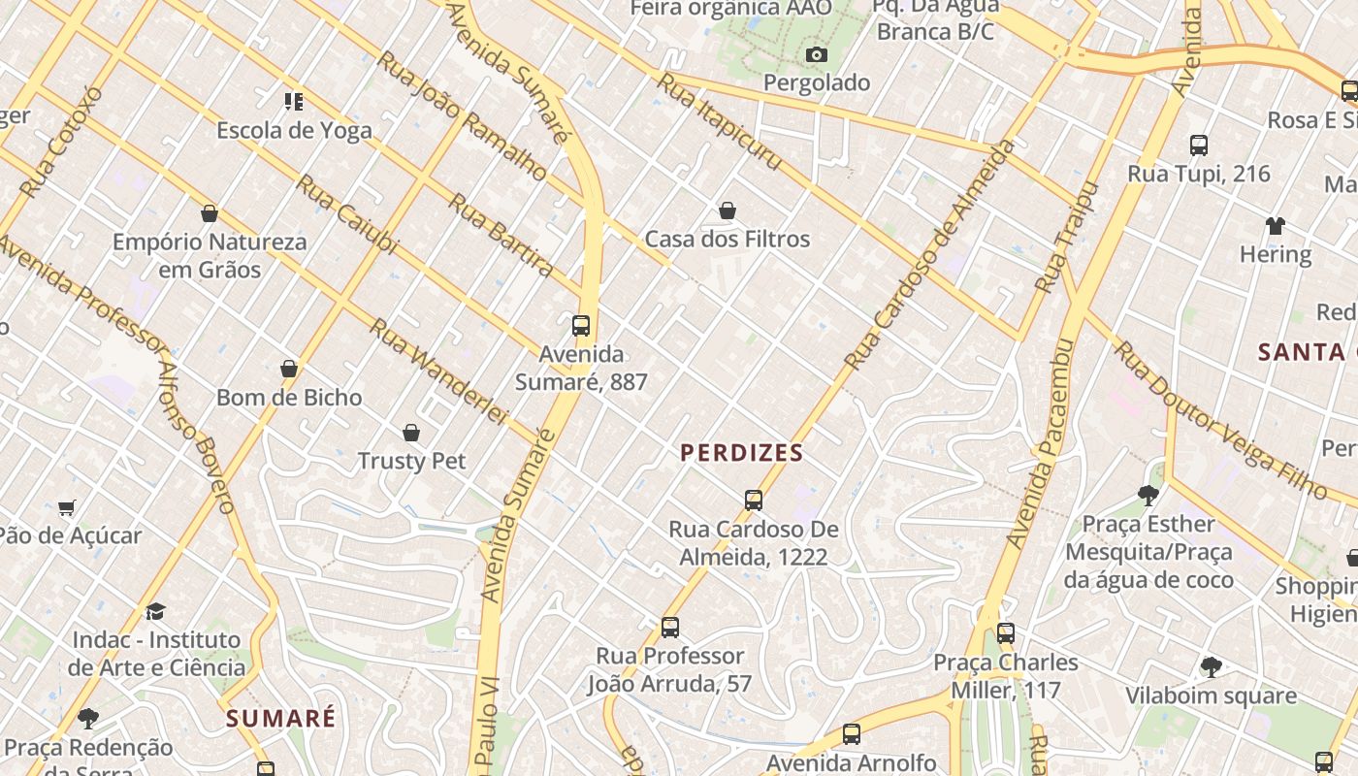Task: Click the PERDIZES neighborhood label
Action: tap(742, 453)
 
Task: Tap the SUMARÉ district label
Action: tap(280, 719)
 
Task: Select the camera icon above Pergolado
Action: tap(817, 54)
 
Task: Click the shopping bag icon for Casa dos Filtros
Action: tap(727, 210)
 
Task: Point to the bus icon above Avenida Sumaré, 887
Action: tap(581, 326)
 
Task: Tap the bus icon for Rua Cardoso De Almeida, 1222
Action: tap(754, 501)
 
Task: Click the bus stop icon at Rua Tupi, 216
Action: tap(1199, 145)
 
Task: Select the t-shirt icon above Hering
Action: tap(1275, 226)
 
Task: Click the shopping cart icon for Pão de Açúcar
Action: tap(67, 507)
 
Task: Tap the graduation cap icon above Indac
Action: tap(155, 611)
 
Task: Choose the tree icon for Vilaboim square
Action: tap(1211, 666)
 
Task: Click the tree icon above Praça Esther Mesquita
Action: tap(1148, 496)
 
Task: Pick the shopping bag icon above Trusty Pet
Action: tap(411, 433)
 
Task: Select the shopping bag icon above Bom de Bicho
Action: tap(289, 369)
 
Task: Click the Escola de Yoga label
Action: tap(294, 130)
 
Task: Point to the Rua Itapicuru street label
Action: tap(719, 121)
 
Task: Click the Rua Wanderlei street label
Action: tap(438, 372)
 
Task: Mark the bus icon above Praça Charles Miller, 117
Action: tap(1006, 633)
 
